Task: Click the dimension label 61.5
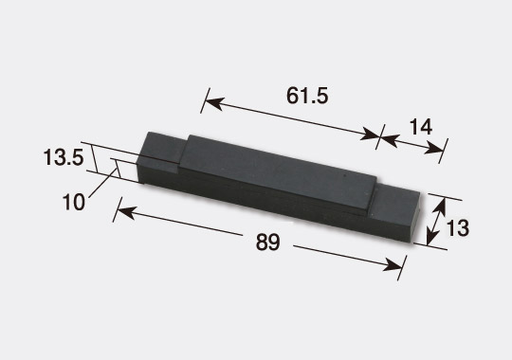click(x=307, y=97)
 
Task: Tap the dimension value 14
click(x=421, y=127)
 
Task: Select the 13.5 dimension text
click(x=64, y=157)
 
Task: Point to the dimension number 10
click(x=74, y=202)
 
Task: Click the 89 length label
click(x=267, y=242)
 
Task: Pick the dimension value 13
click(x=458, y=228)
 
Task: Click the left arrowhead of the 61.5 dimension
click(x=214, y=103)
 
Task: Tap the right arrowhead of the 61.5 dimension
click(x=369, y=135)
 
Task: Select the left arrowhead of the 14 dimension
click(x=389, y=139)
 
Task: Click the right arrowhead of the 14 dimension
click(x=433, y=149)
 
